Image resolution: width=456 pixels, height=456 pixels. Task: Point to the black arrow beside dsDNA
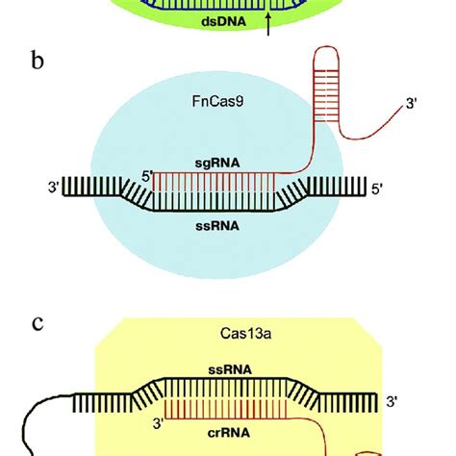pos(268,26)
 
